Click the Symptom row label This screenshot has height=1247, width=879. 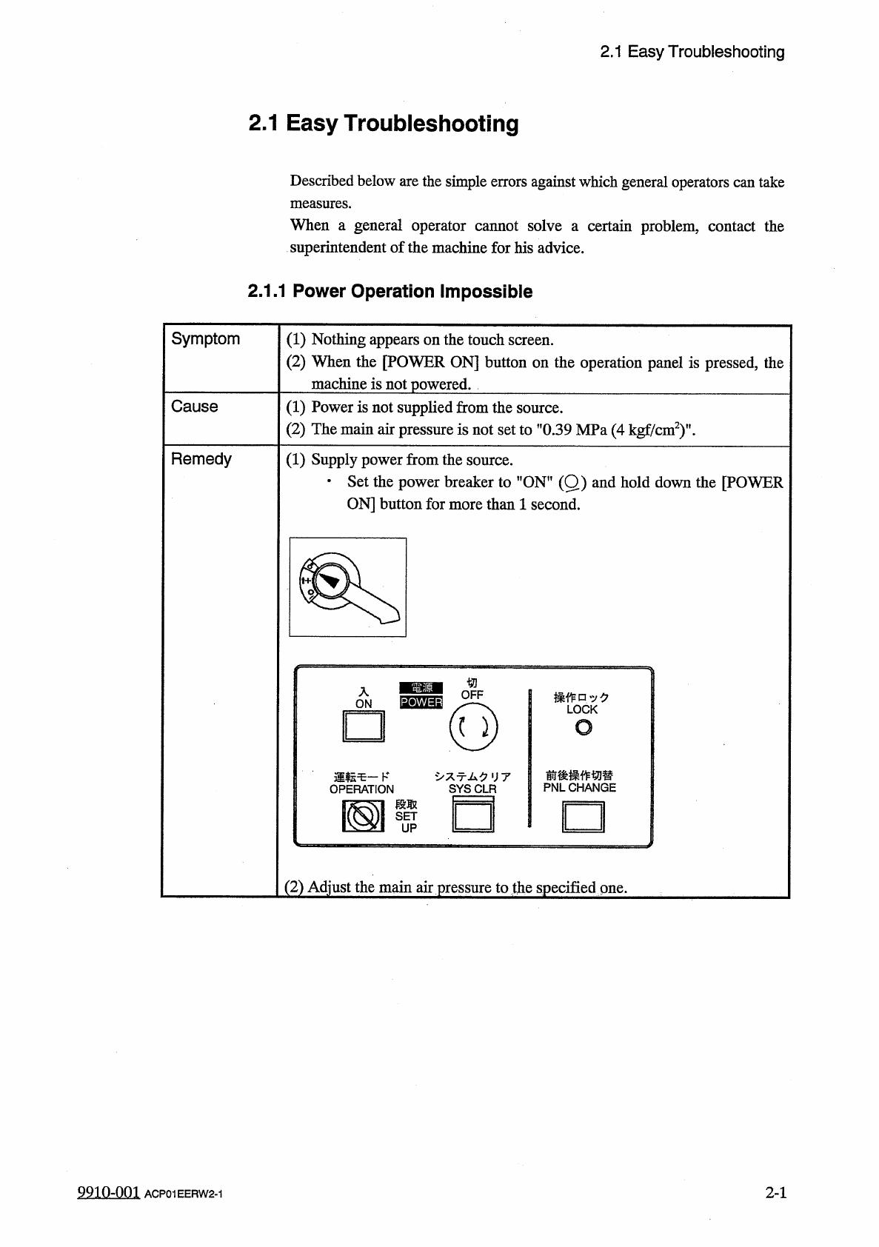click(x=205, y=339)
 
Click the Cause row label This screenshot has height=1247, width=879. click(x=194, y=407)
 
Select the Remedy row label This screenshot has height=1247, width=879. click(x=201, y=459)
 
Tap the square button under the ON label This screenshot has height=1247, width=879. click(x=363, y=726)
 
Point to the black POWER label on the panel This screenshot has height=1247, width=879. click(x=421, y=702)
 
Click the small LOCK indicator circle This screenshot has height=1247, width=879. click(x=583, y=729)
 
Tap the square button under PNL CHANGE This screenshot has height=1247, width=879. click(x=584, y=818)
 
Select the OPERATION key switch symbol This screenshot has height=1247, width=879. click(x=362, y=817)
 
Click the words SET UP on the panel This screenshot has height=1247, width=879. click(x=407, y=821)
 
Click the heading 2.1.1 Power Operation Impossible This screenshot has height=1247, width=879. click(x=390, y=292)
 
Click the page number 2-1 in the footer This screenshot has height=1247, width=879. click(x=775, y=1192)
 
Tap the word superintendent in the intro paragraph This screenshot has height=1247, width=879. click(x=338, y=248)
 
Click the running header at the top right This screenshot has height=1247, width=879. click(x=692, y=52)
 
